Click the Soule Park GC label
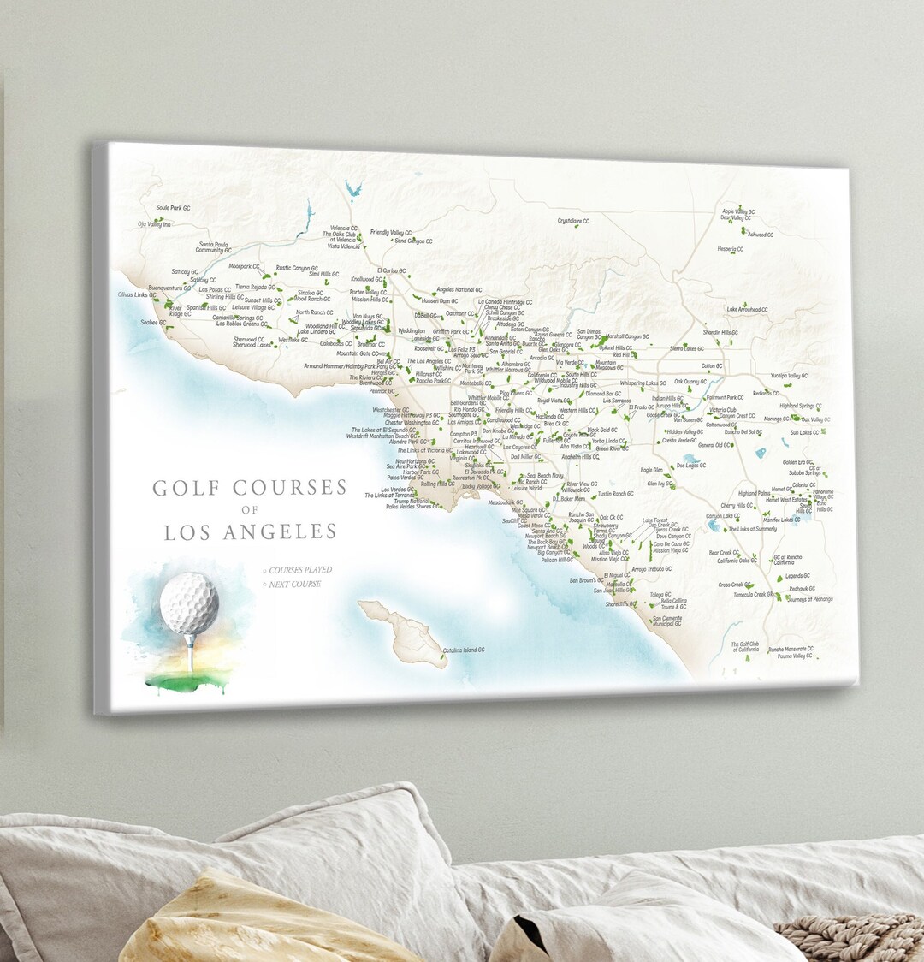[x=173, y=208]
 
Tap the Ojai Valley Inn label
[x=155, y=224]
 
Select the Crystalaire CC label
[x=573, y=221]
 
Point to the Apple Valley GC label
[x=737, y=211]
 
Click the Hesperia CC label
[x=730, y=249]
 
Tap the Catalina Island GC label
[x=464, y=650]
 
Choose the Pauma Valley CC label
[x=790, y=656]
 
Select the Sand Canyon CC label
[x=413, y=241]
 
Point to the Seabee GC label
[x=154, y=323]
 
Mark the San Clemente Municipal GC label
[x=667, y=621]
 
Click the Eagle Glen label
[x=651, y=470]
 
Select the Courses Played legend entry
[x=299, y=570]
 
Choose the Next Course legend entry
[x=294, y=585]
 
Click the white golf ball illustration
[x=189, y=603]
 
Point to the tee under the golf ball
[x=189, y=655]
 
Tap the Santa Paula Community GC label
[x=215, y=246]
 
